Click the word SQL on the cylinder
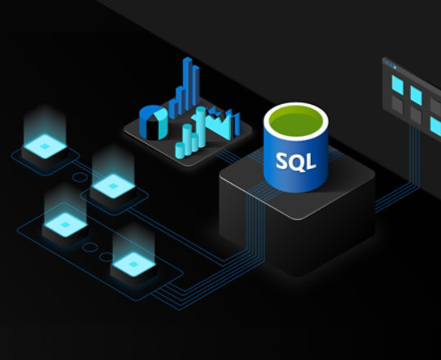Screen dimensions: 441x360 click(x=296, y=161)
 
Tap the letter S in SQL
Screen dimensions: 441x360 click(x=282, y=160)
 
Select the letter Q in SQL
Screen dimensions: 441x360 click(x=297, y=162)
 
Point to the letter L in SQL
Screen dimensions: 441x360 click(x=312, y=162)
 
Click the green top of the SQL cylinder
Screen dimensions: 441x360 click(x=296, y=121)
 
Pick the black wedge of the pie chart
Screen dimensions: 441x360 click(x=152, y=128)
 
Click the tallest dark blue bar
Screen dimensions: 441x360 click(x=187, y=83)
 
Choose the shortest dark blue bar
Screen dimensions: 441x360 click(x=173, y=108)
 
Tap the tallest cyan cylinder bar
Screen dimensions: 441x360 click(x=200, y=127)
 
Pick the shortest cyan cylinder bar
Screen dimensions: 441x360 click(x=180, y=151)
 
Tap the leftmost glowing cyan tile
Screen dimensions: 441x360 click(x=45, y=146)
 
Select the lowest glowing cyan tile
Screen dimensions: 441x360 click(x=134, y=264)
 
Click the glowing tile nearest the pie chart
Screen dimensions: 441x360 click(x=114, y=187)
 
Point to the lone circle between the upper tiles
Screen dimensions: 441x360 click(x=80, y=178)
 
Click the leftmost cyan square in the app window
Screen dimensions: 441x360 click(x=398, y=85)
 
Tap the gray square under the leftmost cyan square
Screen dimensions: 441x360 click(x=398, y=105)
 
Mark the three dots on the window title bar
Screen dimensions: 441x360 click(x=391, y=65)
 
